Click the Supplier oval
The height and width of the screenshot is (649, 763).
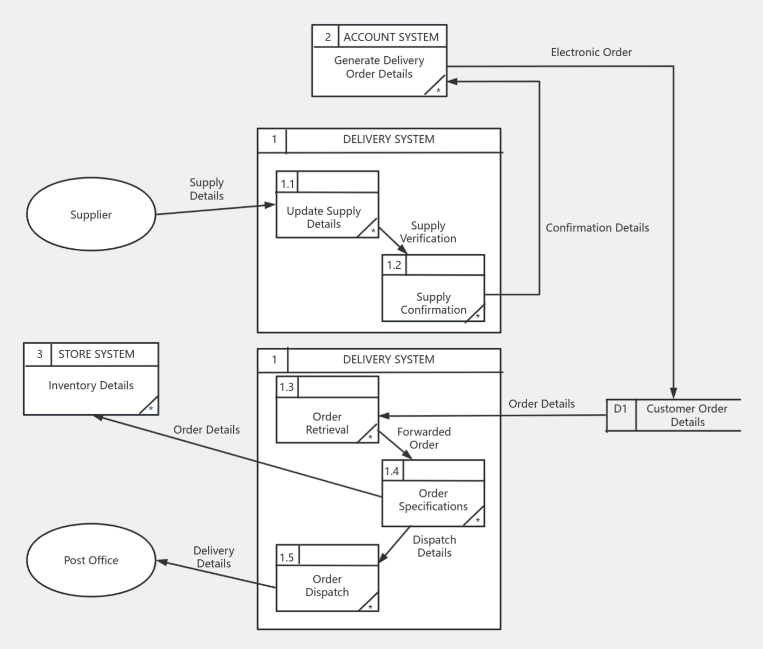[91, 214]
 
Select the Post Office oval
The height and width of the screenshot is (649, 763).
[91, 560]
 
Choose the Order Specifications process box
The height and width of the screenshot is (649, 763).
[433, 500]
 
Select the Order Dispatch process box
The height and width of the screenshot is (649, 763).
[327, 585]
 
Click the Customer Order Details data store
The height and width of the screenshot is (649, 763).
[687, 415]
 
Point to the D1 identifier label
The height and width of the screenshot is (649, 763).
[620, 409]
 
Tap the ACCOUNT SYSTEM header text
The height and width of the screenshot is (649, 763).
[391, 37]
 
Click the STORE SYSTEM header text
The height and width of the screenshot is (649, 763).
[96, 354]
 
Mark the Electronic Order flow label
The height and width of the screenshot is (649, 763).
[591, 52]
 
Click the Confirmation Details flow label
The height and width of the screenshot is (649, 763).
[597, 228]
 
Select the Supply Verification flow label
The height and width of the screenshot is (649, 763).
[428, 232]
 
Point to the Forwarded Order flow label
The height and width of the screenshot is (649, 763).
[424, 438]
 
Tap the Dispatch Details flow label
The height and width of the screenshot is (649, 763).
[434, 546]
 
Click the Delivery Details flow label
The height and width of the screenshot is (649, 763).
[214, 557]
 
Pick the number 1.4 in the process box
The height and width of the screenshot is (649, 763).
[392, 471]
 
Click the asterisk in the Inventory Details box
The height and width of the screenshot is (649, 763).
[150, 408]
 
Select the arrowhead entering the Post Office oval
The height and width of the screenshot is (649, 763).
[161, 562]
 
